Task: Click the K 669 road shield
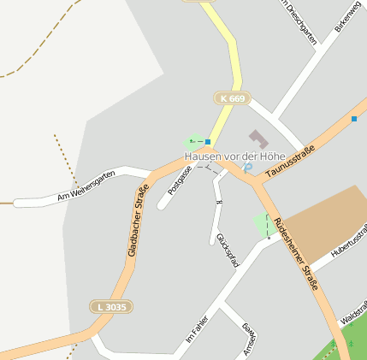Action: (x=232, y=99)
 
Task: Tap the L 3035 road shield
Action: (x=111, y=305)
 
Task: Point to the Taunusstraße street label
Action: (x=290, y=162)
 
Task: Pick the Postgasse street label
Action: (x=181, y=180)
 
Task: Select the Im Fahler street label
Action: (x=198, y=328)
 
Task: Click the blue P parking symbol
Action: (x=246, y=168)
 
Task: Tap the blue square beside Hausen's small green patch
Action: (x=208, y=141)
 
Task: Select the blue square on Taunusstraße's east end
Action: (x=354, y=118)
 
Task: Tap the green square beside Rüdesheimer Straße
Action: (x=264, y=227)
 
